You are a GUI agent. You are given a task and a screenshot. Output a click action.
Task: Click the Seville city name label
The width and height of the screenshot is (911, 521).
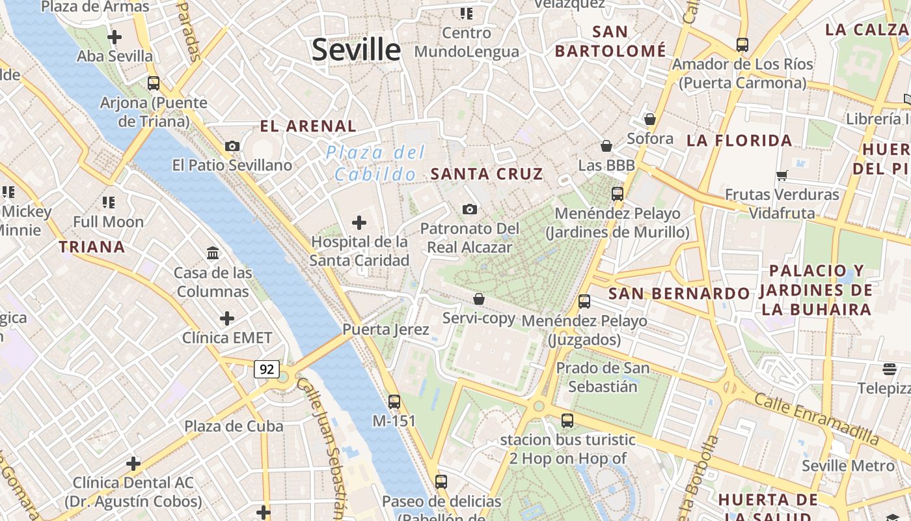(356, 50)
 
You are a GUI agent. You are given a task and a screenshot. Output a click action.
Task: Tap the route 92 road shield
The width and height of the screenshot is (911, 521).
(267, 370)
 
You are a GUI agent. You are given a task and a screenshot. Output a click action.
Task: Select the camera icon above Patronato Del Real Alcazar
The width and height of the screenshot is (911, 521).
(469, 209)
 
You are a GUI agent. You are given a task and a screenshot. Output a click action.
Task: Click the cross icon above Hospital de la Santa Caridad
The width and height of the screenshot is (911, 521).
(359, 223)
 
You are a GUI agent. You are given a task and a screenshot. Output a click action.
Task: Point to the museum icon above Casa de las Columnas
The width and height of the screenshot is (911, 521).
(213, 253)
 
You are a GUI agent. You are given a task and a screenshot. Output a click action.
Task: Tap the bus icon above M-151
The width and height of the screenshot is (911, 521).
(394, 401)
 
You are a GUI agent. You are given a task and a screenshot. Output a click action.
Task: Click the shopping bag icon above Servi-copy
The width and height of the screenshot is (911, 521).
(478, 299)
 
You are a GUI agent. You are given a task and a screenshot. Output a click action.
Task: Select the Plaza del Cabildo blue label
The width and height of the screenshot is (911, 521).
(375, 163)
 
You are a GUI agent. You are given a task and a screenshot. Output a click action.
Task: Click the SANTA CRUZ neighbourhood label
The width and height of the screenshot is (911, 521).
(487, 174)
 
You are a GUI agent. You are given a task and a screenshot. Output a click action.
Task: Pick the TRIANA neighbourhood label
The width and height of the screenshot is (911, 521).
(92, 247)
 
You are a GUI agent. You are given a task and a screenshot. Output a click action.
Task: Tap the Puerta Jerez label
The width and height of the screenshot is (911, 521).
(386, 330)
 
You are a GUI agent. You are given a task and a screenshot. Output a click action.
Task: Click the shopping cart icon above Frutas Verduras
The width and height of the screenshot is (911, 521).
(782, 175)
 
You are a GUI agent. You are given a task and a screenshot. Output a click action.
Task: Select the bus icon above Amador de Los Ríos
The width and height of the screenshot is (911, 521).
(742, 44)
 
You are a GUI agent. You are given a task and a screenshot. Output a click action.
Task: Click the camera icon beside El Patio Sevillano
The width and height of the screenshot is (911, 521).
(232, 146)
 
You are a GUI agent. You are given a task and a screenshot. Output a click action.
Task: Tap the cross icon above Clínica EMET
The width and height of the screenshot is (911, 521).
(226, 318)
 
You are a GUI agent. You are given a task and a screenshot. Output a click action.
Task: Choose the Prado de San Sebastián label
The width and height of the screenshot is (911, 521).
(603, 377)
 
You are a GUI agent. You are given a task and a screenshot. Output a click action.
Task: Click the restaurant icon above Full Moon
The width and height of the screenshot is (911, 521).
(108, 203)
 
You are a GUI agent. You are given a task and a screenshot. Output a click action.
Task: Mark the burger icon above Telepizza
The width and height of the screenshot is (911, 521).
(890, 369)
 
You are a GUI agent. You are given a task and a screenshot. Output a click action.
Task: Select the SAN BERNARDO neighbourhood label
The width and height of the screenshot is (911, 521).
(679, 294)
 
